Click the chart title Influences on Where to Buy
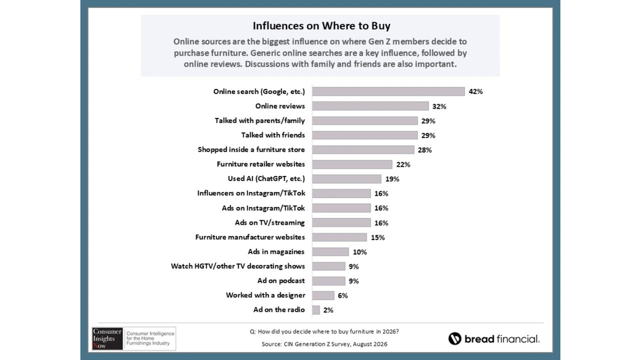coord(322,26)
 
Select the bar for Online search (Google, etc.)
coord(388,91)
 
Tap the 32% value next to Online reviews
coord(439,106)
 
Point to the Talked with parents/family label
coord(260,120)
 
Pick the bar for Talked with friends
coord(365,135)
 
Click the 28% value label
coord(425,150)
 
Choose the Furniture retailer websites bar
coord(352,164)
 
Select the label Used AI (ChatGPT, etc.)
coord(267,178)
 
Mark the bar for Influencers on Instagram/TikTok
coord(341,193)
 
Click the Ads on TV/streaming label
coord(270,222)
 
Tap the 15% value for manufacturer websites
coord(378,238)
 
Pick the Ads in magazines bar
coord(330,251)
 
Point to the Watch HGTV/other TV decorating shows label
coord(238,266)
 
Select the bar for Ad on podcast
coord(328,280)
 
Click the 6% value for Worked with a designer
coord(343,296)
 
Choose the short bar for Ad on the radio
coord(315,309)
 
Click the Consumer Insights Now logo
coord(134,338)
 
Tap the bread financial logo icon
coord(455,338)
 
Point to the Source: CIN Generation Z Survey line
coord(325,344)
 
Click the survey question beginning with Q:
coord(324,332)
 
